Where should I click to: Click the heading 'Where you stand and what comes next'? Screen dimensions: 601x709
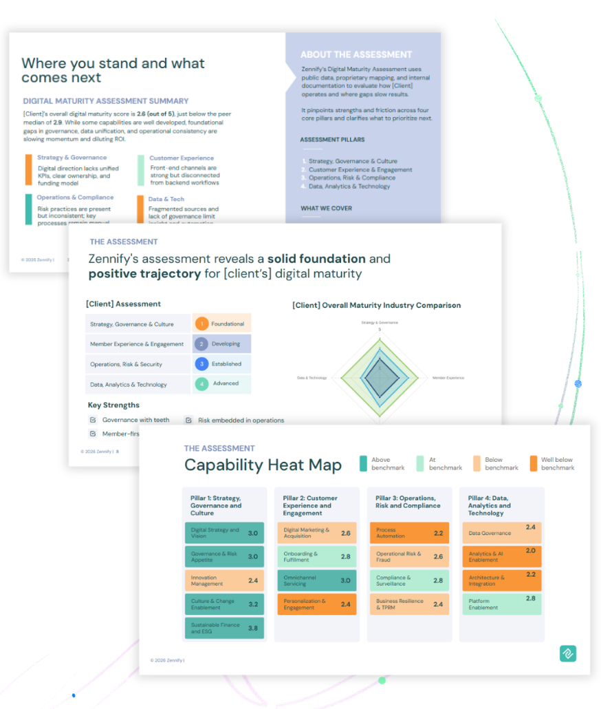[x=113, y=70]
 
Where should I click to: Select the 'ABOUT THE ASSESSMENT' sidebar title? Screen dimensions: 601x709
[x=356, y=54]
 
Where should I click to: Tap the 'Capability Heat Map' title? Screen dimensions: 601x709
[x=263, y=465]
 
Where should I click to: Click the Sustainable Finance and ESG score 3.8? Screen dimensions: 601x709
[x=253, y=628]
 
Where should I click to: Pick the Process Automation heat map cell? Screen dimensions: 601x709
[x=408, y=533]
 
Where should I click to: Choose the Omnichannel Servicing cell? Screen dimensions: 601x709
[x=317, y=580]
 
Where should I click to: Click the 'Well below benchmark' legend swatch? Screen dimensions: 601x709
[x=534, y=463]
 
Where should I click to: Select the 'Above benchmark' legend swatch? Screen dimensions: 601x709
[x=363, y=463]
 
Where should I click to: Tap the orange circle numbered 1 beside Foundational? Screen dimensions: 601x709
[x=201, y=324]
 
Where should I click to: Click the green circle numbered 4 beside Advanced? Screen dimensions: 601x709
[x=201, y=384]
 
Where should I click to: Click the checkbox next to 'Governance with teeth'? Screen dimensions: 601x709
[x=93, y=420]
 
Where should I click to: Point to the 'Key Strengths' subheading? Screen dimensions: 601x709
[x=113, y=405]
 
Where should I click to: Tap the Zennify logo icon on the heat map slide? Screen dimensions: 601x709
[x=567, y=653]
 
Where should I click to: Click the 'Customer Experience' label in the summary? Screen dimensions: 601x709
[x=182, y=158]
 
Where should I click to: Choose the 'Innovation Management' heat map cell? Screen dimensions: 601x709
[x=224, y=580]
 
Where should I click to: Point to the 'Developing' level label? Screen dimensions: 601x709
[x=226, y=344]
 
